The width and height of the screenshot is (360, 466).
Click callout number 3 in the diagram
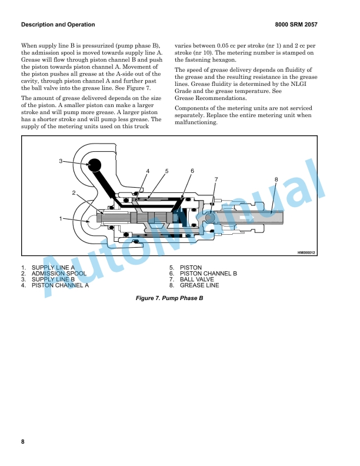click(61, 161)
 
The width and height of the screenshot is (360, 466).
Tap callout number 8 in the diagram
click(276, 179)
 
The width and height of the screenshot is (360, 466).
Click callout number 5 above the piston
click(166, 171)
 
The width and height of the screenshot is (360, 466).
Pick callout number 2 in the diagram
click(75, 193)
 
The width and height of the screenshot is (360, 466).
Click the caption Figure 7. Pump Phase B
click(169, 299)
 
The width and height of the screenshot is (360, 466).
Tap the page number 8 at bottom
click(23, 441)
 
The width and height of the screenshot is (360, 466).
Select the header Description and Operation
click(58, 25)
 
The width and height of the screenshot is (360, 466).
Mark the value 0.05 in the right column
click(230, 45)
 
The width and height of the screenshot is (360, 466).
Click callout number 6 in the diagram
click(192, 171)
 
